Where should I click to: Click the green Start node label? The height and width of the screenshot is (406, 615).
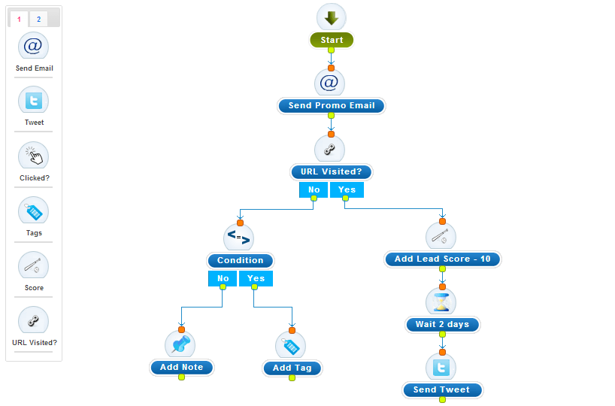pyautogui.click(x=331, y=41)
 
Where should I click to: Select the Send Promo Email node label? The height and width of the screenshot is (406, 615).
pyautogui.click(x=331, y=106)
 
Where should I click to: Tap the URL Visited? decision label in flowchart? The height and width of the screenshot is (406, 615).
pyautogui.click(x=331, y=172)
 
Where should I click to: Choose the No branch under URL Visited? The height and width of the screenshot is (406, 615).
pyautogui.click(x=314, y=189)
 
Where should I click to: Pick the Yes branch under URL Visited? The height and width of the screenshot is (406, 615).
pyautogui.click(x=347, y=189)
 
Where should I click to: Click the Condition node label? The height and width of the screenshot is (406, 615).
pyautogui.click(x=240, y=261)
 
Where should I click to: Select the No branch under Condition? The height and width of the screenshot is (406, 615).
pyautogui.click(x=223, y=278)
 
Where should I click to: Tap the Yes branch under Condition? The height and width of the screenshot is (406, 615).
pyautogui.click(x=256, y=278)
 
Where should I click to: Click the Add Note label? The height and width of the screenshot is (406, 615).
pyautogui.click(x=181, y=368)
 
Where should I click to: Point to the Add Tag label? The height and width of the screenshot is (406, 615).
pyautogui.click(x=292, y=368)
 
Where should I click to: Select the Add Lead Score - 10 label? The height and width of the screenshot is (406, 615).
pyautogui.click(x=442, y=259)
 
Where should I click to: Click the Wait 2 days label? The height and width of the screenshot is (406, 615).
pyautogui.click(x=442, y=325)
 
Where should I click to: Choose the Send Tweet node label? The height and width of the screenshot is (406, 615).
pyautogui.click(x=441, y=390)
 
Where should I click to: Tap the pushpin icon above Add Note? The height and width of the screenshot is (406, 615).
pyautogui.click(x=180, y=345)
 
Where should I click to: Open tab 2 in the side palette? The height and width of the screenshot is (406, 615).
pyautogui.click(x=38, y=19)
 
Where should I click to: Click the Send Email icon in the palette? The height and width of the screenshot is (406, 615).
pyautogui.click(x=33, y=47)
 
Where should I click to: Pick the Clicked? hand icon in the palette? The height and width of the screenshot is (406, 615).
pyautogui.click(x=33, y=156)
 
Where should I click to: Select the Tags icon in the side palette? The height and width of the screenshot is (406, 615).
pyautogui.click(x=33, y=211)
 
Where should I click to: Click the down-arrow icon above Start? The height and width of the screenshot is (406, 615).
pyautogui.click(x=331, y=18)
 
